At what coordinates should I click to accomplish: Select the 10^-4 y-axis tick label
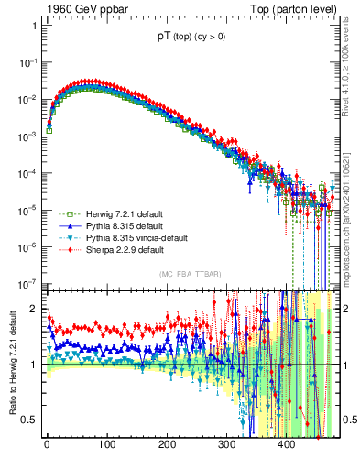pos(28,173)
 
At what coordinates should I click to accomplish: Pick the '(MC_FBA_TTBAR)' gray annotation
pos(189,275)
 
